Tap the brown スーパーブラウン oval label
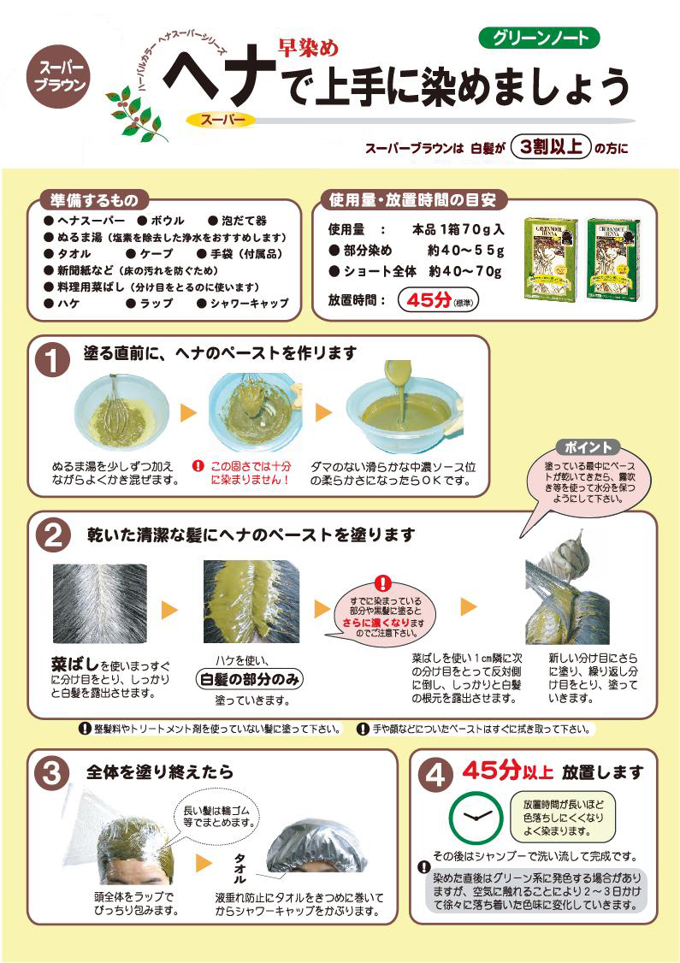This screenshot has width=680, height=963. (x=59, y=76)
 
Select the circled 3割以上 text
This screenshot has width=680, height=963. (x=551, y=146)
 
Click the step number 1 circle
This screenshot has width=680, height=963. (x=52, y=359)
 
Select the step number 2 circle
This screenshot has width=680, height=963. (x=52, y=535)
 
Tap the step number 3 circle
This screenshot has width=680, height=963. (x=52, y=773)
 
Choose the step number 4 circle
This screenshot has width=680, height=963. (x=435, y=775)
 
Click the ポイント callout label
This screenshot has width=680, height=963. (x=588, y=447)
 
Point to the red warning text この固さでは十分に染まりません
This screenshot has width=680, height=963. (x=239, y=474)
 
